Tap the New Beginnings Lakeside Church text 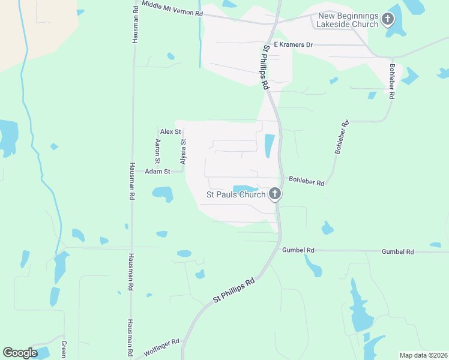pos(349,19)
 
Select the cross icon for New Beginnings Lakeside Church pos(388,19)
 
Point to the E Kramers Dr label pos(294,45)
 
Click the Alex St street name pos(170,131)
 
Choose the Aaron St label pos(158,151)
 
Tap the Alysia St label pos(183,152)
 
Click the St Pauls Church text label pos(236,194)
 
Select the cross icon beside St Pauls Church pos(275,193)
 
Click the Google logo pos(20,353)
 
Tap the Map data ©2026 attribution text pos(423,355)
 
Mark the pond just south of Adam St pos(163,194)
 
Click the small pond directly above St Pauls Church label pos(245,188)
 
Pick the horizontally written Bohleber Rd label pos(306,179)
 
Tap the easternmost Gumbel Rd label pos(397,252)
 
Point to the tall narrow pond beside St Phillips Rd pos(269,145)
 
